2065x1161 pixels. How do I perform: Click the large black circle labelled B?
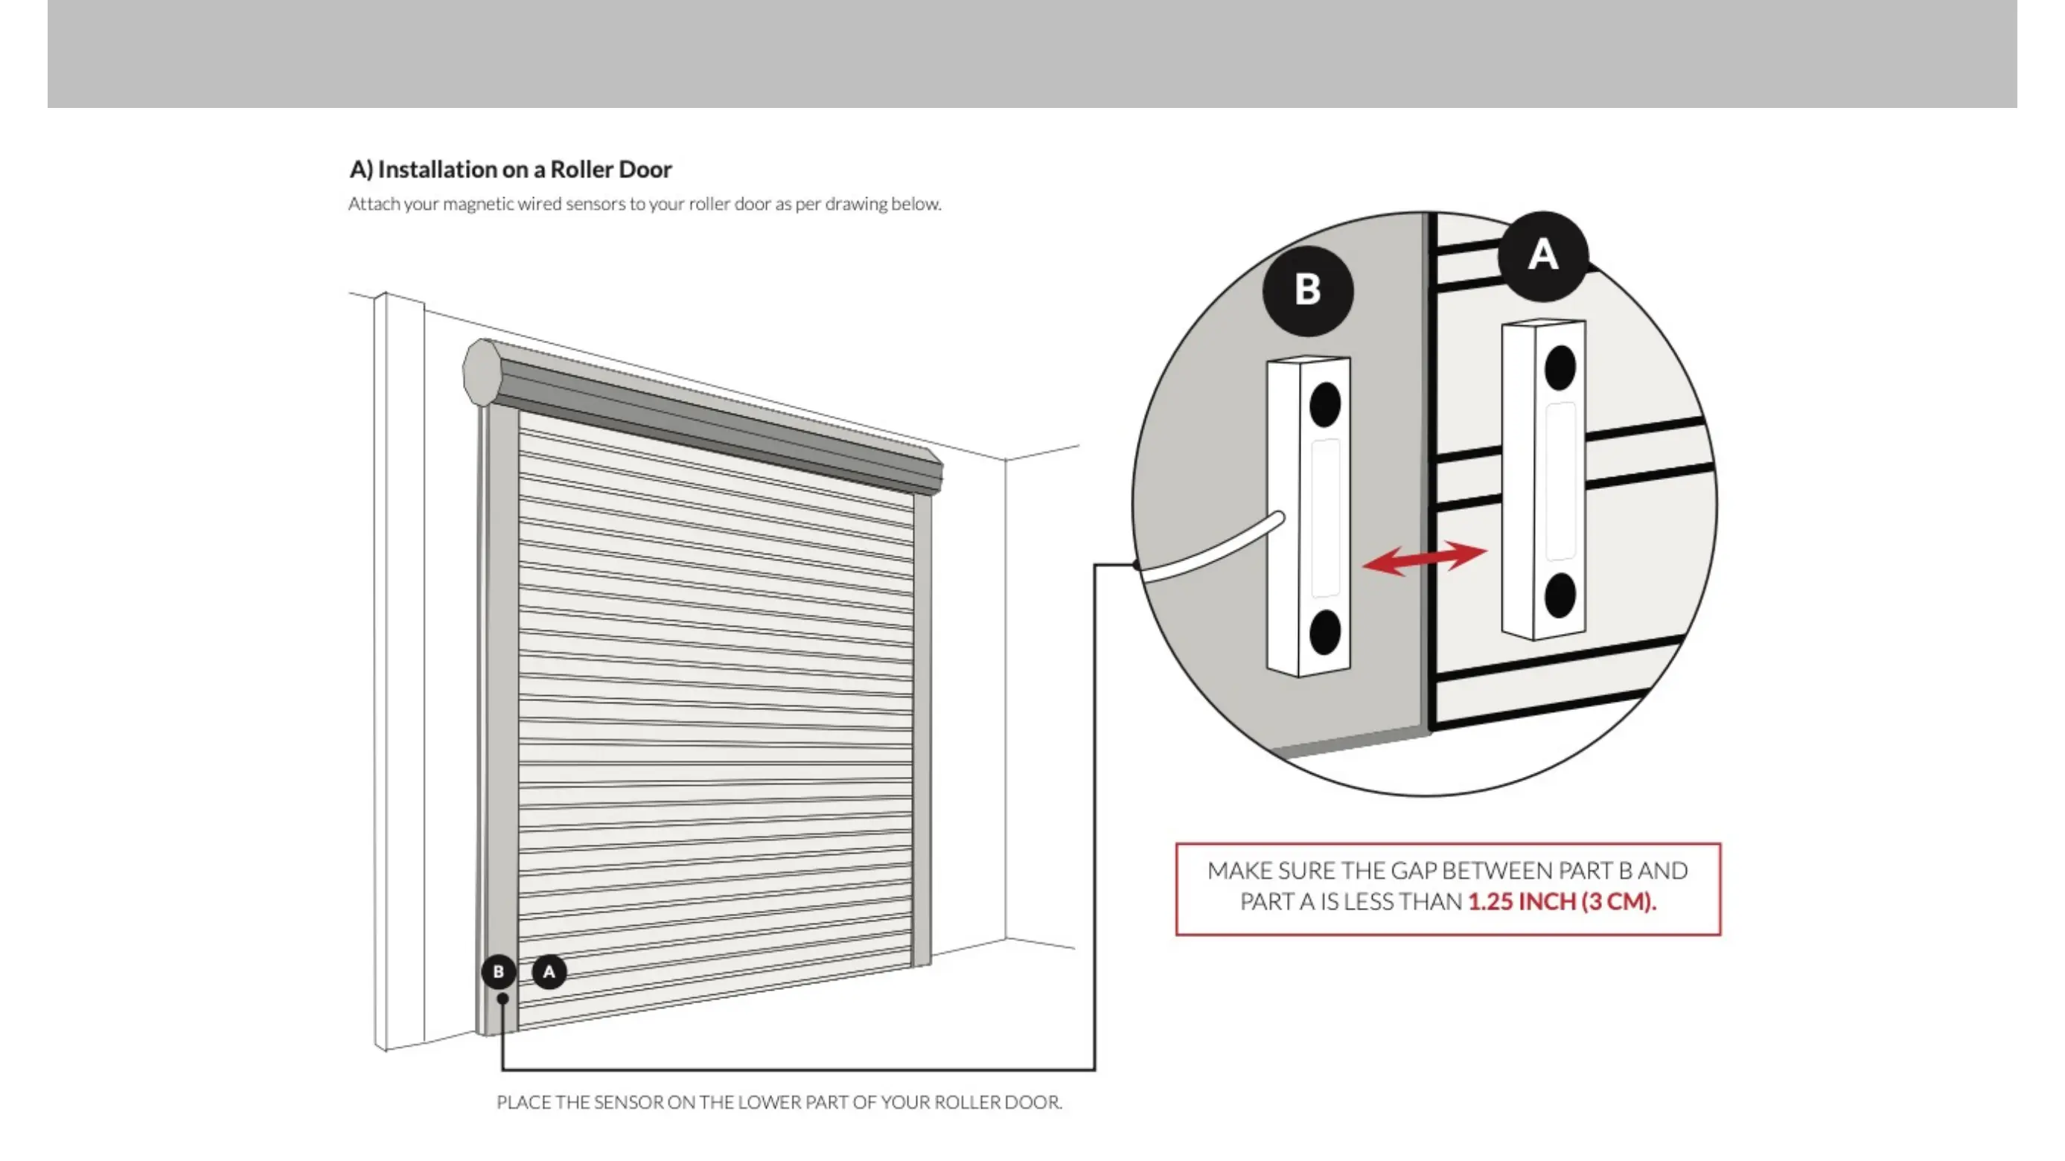(1307, 290)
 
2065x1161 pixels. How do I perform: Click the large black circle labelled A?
(1542, 255)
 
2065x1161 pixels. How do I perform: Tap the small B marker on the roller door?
(499, 972)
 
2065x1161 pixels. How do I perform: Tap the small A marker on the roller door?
(549, 972)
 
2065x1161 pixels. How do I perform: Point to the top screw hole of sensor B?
(1324, 405)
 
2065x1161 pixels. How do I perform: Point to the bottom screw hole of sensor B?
(1324, 632)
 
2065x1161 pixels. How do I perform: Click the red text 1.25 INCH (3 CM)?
(1562, 902)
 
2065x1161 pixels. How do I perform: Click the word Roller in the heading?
(583, 170)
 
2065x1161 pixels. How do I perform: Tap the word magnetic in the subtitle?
(478, 205)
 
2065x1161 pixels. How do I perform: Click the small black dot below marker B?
(502, 998)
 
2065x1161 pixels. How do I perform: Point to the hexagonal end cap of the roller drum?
(482, 374)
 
